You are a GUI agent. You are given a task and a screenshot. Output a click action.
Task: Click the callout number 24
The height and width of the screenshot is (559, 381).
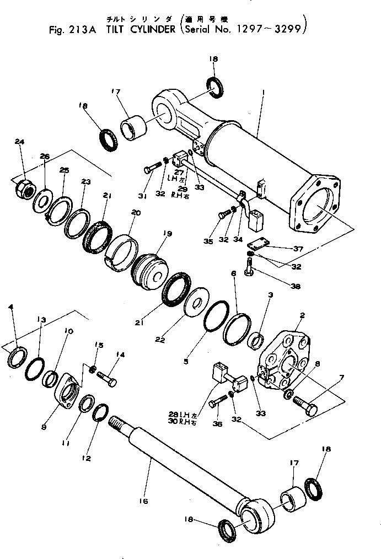coord(20,142)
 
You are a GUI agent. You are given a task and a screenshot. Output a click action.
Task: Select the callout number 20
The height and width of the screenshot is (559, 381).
coord(136,213)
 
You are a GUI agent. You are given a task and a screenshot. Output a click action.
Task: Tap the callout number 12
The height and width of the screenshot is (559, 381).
coord(87,458)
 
